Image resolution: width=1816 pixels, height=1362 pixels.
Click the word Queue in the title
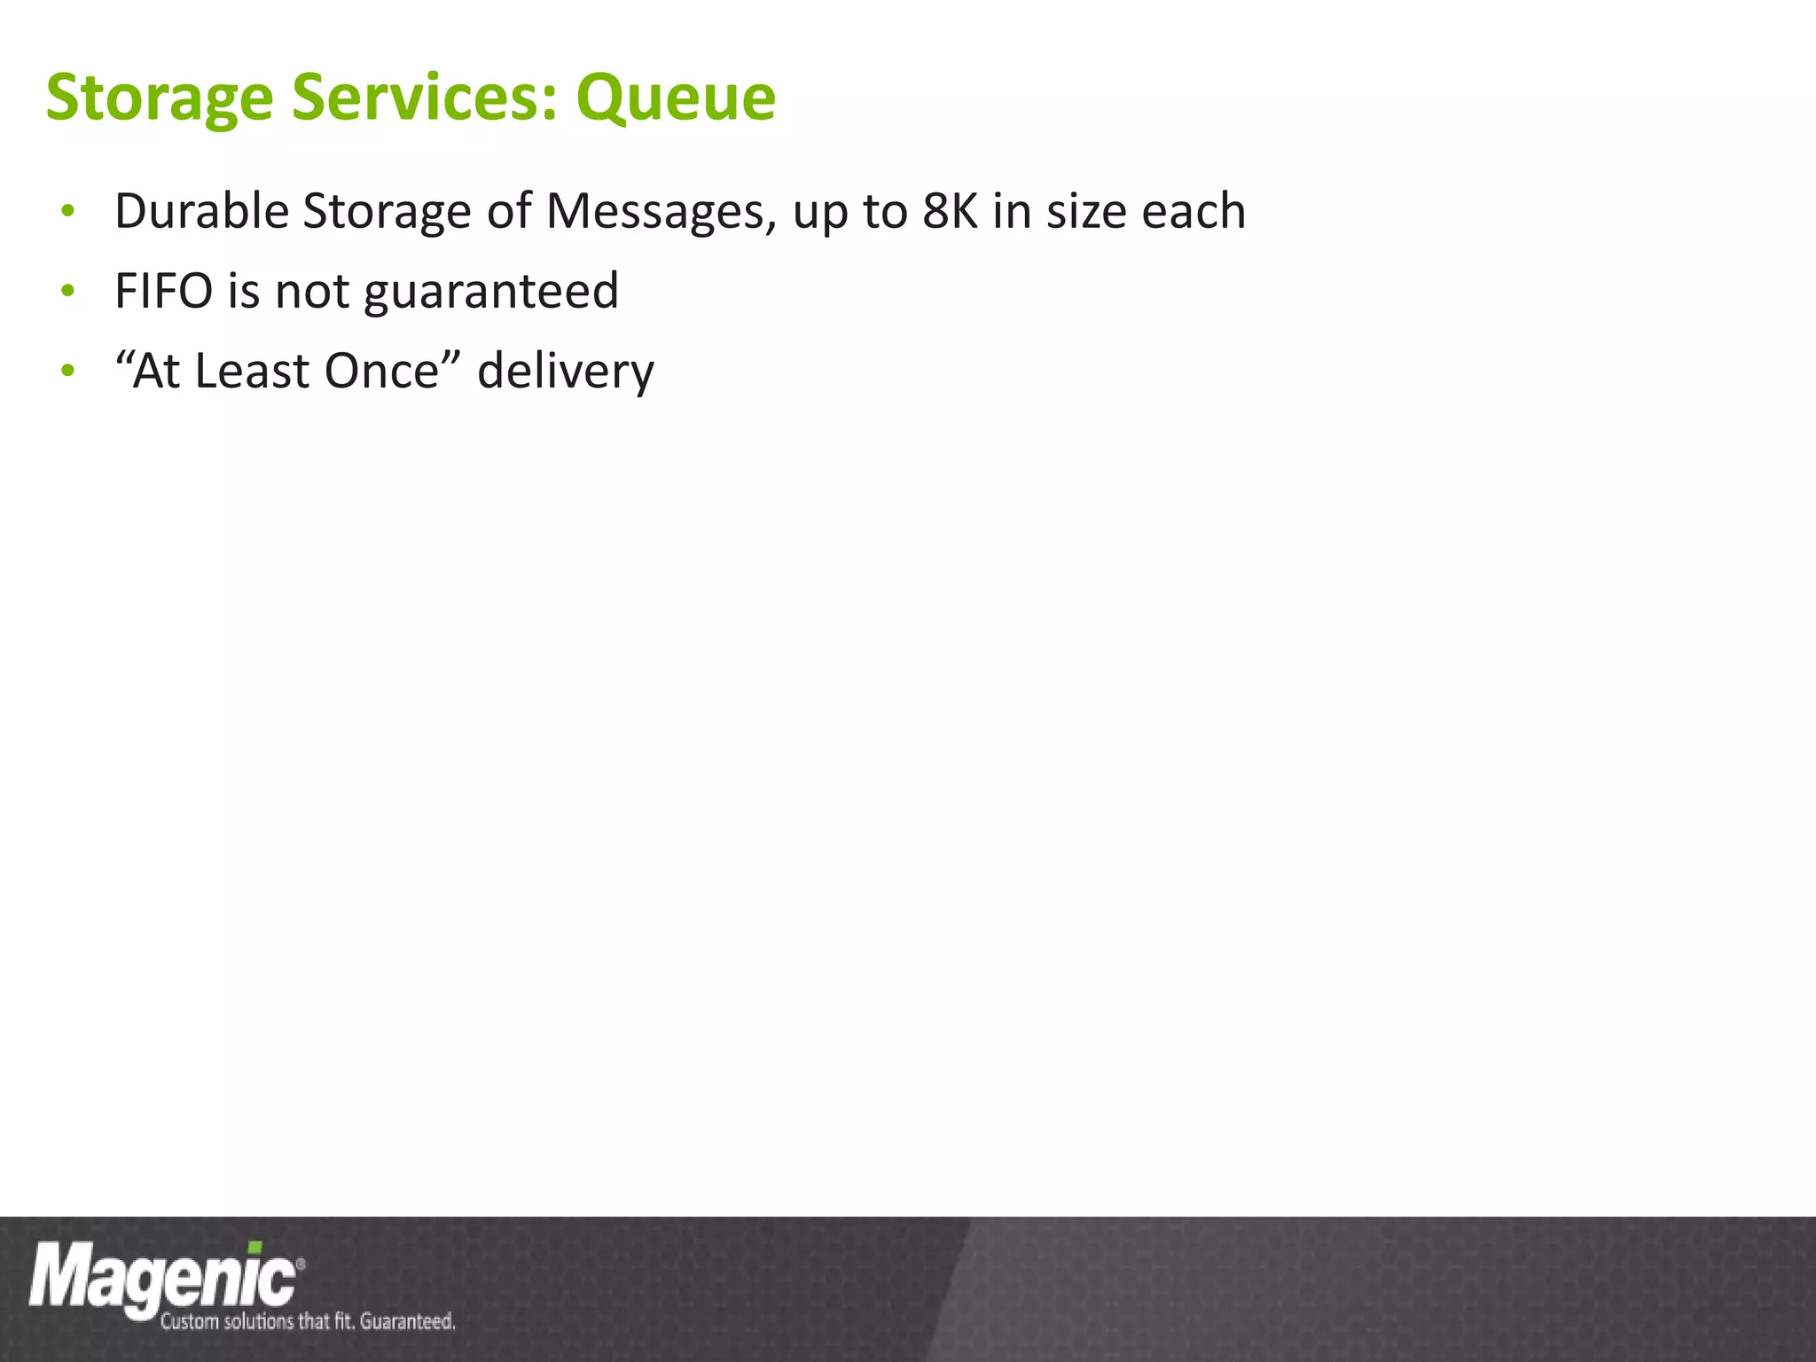point(676,98)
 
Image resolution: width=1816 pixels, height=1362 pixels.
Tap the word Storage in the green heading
point(159,98)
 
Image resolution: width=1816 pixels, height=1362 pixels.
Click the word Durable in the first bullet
point(201,211)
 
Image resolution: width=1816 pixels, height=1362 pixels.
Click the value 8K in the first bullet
point(949,211)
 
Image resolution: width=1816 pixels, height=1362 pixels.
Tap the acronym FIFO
point(163,291)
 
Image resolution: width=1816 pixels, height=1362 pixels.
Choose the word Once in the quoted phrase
point(381,371)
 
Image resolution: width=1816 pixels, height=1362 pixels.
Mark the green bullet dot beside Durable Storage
point(68,212)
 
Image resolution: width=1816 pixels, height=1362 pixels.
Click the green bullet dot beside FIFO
point(68,291)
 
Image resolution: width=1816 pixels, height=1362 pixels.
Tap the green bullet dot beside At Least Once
point(68,371)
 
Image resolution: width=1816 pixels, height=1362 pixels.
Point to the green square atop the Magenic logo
point(254,1248)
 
